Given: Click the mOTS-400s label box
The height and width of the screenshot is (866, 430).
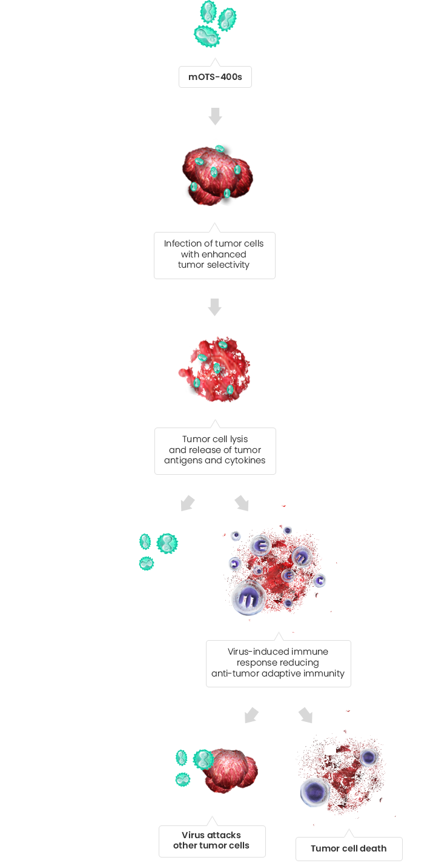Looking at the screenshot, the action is pos(215,77).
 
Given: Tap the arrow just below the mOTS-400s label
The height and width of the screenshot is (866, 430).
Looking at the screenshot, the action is pos(215,116).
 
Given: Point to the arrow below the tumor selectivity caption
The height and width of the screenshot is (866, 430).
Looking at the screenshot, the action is pos(214,307).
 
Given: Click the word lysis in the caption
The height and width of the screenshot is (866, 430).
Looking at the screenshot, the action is pos(239,440).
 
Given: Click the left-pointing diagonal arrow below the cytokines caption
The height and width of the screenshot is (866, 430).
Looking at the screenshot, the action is pos(188,503).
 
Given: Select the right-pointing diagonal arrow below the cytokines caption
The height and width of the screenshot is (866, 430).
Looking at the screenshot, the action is pos(242,503).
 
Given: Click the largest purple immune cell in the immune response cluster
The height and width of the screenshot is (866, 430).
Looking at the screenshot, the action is pos(249,598).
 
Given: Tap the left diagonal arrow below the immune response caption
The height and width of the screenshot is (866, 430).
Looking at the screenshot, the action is pos(251,715).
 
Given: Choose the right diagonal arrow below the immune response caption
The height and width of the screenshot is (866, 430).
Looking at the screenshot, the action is pos(305,715).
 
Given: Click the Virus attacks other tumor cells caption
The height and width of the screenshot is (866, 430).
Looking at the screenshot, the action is pos(212,841).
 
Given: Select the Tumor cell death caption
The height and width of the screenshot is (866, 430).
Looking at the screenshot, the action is pos(349,848).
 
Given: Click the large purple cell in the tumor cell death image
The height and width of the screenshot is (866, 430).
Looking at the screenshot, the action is pos(315,792).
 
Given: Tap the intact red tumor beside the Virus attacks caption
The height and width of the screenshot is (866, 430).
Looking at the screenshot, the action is pos(230,771).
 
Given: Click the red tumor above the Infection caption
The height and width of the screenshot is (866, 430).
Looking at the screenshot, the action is pos(217,176).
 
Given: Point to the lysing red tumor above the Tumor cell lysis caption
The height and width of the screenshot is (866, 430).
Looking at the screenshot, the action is pos(214,370).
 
